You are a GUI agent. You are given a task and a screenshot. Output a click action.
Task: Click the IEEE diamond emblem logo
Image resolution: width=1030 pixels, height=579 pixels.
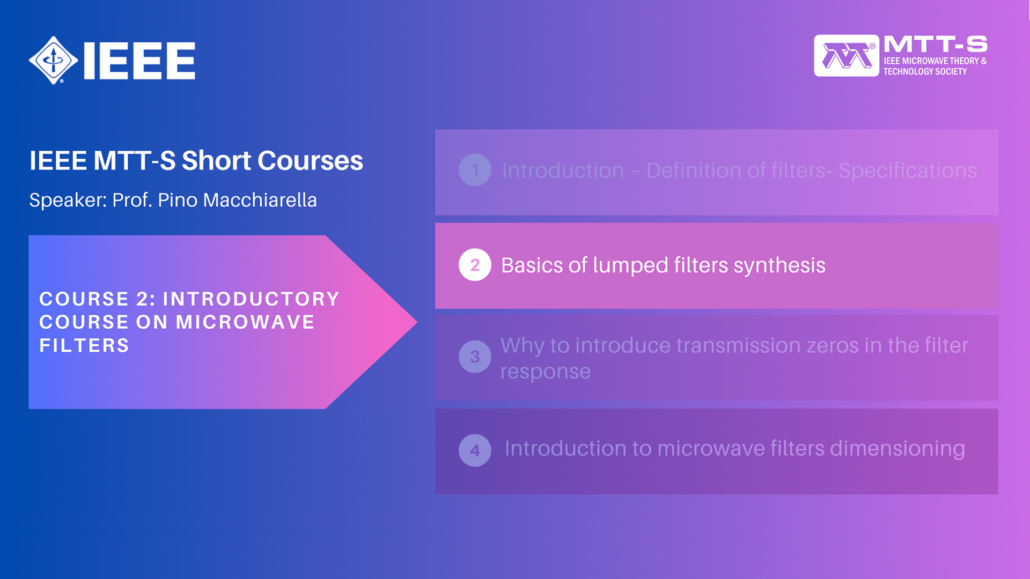pyautogui.click(x=54, y=60)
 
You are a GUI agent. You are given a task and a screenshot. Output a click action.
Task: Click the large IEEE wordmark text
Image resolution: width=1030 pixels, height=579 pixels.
pyautogui.click(x=139, y=61)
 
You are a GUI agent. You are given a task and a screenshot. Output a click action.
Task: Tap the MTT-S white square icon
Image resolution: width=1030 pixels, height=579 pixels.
pyautogui.click(x=847, y=56)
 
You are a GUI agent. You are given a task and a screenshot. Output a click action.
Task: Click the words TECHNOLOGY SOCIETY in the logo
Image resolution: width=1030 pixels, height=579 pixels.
pyautogui.click(x=925, y=71)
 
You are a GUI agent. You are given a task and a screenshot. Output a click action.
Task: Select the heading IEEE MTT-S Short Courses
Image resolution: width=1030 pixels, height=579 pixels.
pyautogui.click(x=196, y=160)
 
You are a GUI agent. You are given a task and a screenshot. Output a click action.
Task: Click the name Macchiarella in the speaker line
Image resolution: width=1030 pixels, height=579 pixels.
pyautogui.click(x=260, y=200)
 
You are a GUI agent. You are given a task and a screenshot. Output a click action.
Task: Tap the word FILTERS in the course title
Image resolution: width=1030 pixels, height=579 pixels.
pyautogui.click(x=84, y=345)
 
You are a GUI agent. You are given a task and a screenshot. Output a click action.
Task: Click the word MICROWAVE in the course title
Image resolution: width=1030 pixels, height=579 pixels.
pyautogui.click(x=245, y=322)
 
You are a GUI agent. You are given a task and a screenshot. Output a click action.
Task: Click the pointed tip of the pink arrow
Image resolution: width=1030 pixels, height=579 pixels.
pyautogui.click(x=416, y=322)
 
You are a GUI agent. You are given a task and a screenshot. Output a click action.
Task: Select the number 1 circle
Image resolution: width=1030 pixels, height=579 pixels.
pyautogui.click(x=475, y=170)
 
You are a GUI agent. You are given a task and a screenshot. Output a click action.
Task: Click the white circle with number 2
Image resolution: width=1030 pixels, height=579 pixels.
pyautogui.click(x=475, y=265)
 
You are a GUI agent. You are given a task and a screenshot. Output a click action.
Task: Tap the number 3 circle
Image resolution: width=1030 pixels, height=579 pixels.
pyautogui.click(x=475, y=357)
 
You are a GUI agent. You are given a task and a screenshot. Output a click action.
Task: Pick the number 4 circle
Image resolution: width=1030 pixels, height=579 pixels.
pyautogui.click(x=475, y=450)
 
